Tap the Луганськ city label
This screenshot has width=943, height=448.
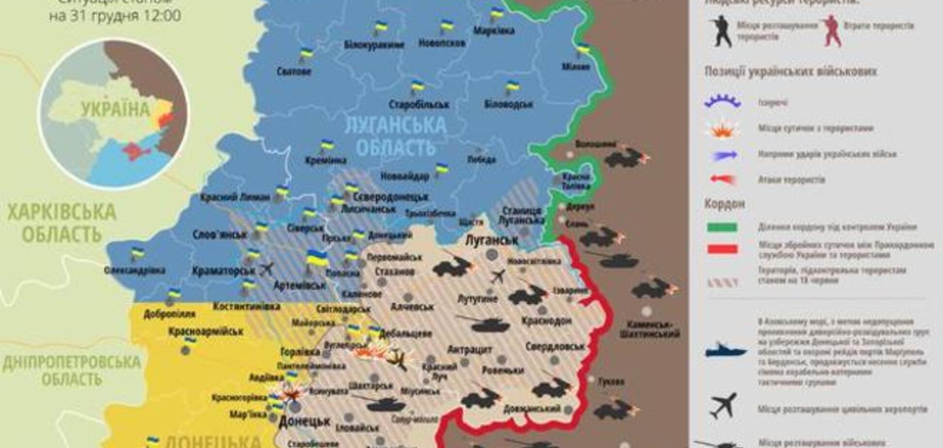click(x=491, y=240)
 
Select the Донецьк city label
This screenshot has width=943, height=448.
click(x=305, y=421)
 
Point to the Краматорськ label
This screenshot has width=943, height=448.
click(x=223, y=272)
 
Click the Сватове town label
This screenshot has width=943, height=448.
click(x=293, y=72)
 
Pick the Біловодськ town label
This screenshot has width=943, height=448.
click(x=508, y=104)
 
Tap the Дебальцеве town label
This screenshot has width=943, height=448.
click(x=406, y=334)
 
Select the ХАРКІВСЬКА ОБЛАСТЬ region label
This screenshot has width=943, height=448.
click(x=62, y=223)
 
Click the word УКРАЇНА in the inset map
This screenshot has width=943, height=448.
click(x=115, y=110)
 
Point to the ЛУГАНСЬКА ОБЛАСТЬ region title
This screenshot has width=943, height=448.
click(x=395, y=136)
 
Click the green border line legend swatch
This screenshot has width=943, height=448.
click(x=722, y=227)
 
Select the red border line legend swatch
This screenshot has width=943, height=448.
click(x=722, y=249)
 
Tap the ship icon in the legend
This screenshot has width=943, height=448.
click(x=725, y=350)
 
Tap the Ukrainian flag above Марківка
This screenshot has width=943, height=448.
click(x=496, y=14)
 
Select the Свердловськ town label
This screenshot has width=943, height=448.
click(x=555, y=347)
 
